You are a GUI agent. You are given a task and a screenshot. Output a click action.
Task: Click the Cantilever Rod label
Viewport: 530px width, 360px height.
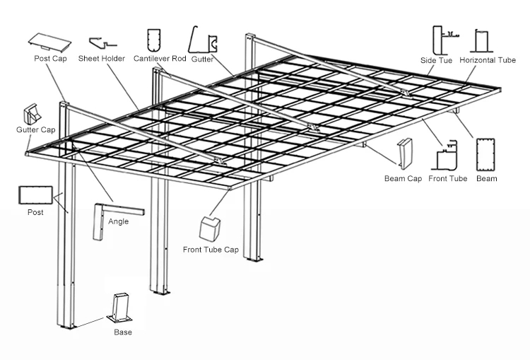[x=160, y=59]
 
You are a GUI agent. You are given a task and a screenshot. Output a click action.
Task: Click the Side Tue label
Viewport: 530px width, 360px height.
[x=436, y=62]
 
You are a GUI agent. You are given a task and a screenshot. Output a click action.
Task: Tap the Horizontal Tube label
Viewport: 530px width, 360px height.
[x=488, y=62]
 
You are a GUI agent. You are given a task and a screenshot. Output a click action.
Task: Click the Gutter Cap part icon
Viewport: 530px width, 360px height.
[x=33, y=114]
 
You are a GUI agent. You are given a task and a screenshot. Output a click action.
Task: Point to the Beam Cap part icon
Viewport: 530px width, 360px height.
[x=406, y=153]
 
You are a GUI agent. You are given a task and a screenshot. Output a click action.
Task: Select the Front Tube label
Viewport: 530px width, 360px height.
[x=447, y=179]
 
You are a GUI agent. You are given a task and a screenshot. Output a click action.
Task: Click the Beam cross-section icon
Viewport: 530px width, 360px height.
[x=485, y=153]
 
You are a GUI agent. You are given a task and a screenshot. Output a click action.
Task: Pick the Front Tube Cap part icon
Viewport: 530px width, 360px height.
[x=210, y=228]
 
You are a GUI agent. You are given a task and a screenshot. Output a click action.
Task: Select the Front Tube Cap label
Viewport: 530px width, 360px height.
[x=211, y=250]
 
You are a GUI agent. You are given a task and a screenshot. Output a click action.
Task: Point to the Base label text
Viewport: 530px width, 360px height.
[x=123, y=332]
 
